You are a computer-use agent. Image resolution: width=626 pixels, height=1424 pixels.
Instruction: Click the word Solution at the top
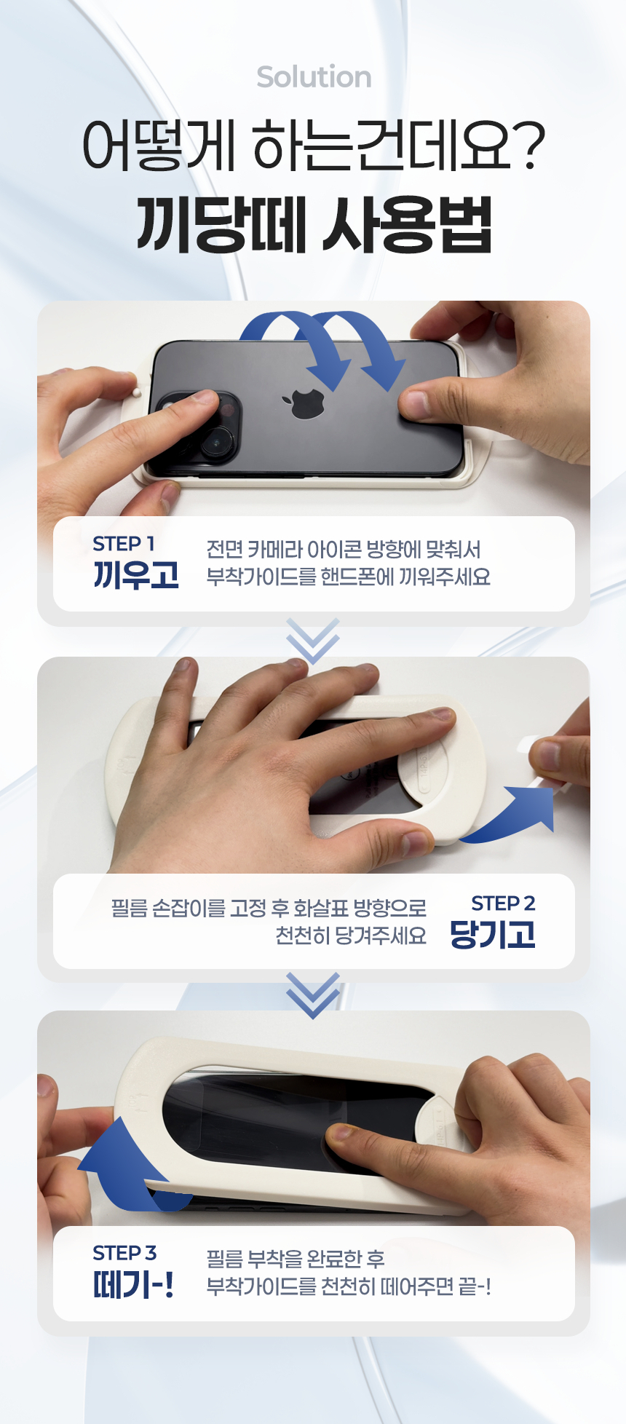click(314, 77)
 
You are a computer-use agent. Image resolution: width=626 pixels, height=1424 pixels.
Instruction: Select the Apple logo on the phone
click(308, 403)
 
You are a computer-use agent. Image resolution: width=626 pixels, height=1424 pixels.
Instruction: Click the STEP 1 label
click(124, 543)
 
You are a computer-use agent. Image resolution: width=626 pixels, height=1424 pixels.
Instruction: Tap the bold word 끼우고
click(136, 575)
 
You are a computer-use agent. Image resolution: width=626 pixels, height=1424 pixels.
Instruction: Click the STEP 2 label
click(503, 903)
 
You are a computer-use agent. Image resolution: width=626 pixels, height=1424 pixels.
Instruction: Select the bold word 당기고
click(493, 935)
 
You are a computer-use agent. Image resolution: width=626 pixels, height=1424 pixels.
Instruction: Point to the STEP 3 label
click(124, 1253)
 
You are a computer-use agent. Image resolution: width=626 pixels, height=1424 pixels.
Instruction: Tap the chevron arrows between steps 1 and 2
click(313, 641)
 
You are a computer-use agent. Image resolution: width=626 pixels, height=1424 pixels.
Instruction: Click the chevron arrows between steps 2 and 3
click(313, 995)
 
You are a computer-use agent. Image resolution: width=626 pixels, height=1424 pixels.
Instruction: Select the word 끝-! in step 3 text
click(475, 1287)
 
